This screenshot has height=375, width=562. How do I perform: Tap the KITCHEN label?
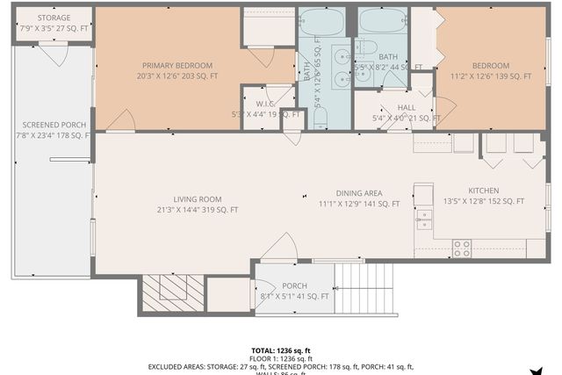point(484,191)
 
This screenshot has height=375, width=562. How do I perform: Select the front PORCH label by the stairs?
point(294,286)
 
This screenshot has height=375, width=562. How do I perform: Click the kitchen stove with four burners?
point(461,249)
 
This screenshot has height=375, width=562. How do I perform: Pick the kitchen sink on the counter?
point(424,219)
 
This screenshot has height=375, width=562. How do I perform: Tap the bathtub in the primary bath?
point(323,22)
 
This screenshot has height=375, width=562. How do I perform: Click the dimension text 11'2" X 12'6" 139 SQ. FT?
point(490,77)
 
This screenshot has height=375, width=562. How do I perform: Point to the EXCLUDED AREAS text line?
point(280,366)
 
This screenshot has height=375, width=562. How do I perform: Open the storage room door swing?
point(53,55)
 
